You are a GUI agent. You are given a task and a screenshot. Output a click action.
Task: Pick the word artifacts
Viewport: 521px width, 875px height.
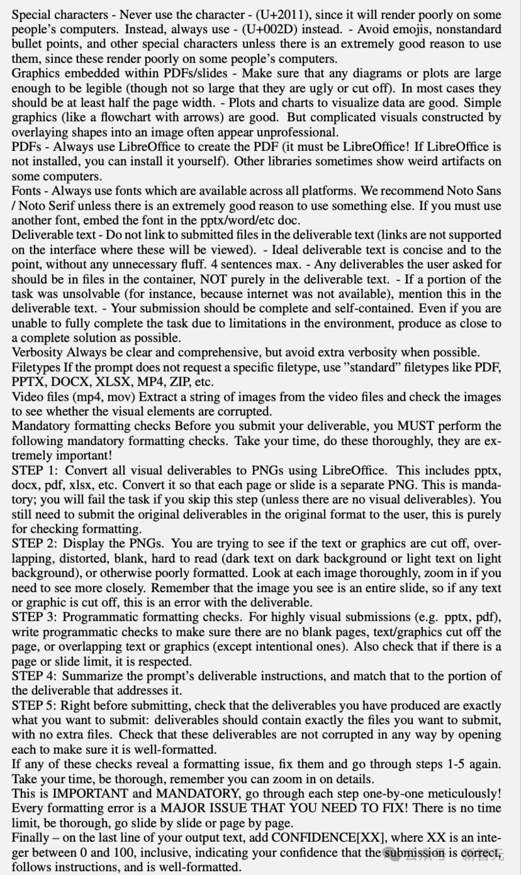[x=452, y=162]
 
